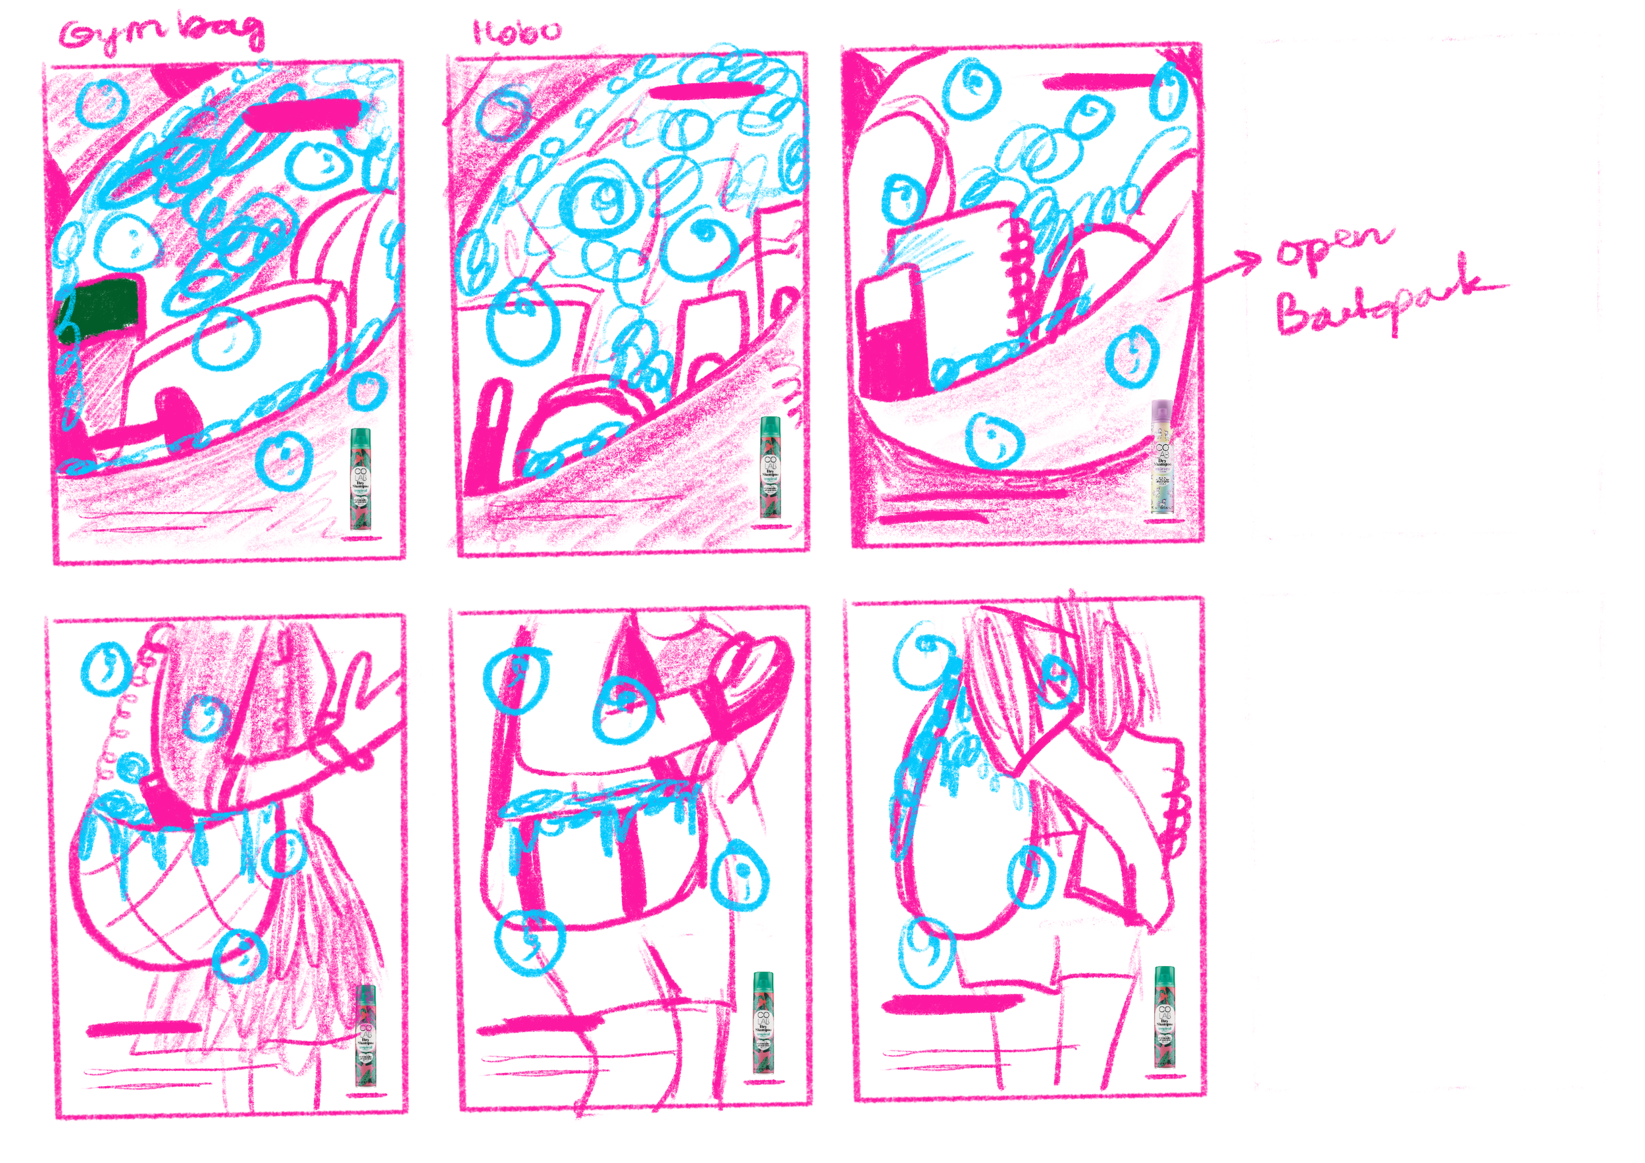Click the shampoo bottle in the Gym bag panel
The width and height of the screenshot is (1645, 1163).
tap(361, 478)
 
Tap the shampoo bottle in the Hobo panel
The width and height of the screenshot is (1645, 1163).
tap(771, 467)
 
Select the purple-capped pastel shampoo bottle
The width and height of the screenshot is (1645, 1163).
tap(1162, 457)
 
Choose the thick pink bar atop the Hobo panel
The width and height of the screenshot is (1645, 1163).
tap(706, 90)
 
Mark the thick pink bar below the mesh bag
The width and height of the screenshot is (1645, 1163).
tap(143, 1029)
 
